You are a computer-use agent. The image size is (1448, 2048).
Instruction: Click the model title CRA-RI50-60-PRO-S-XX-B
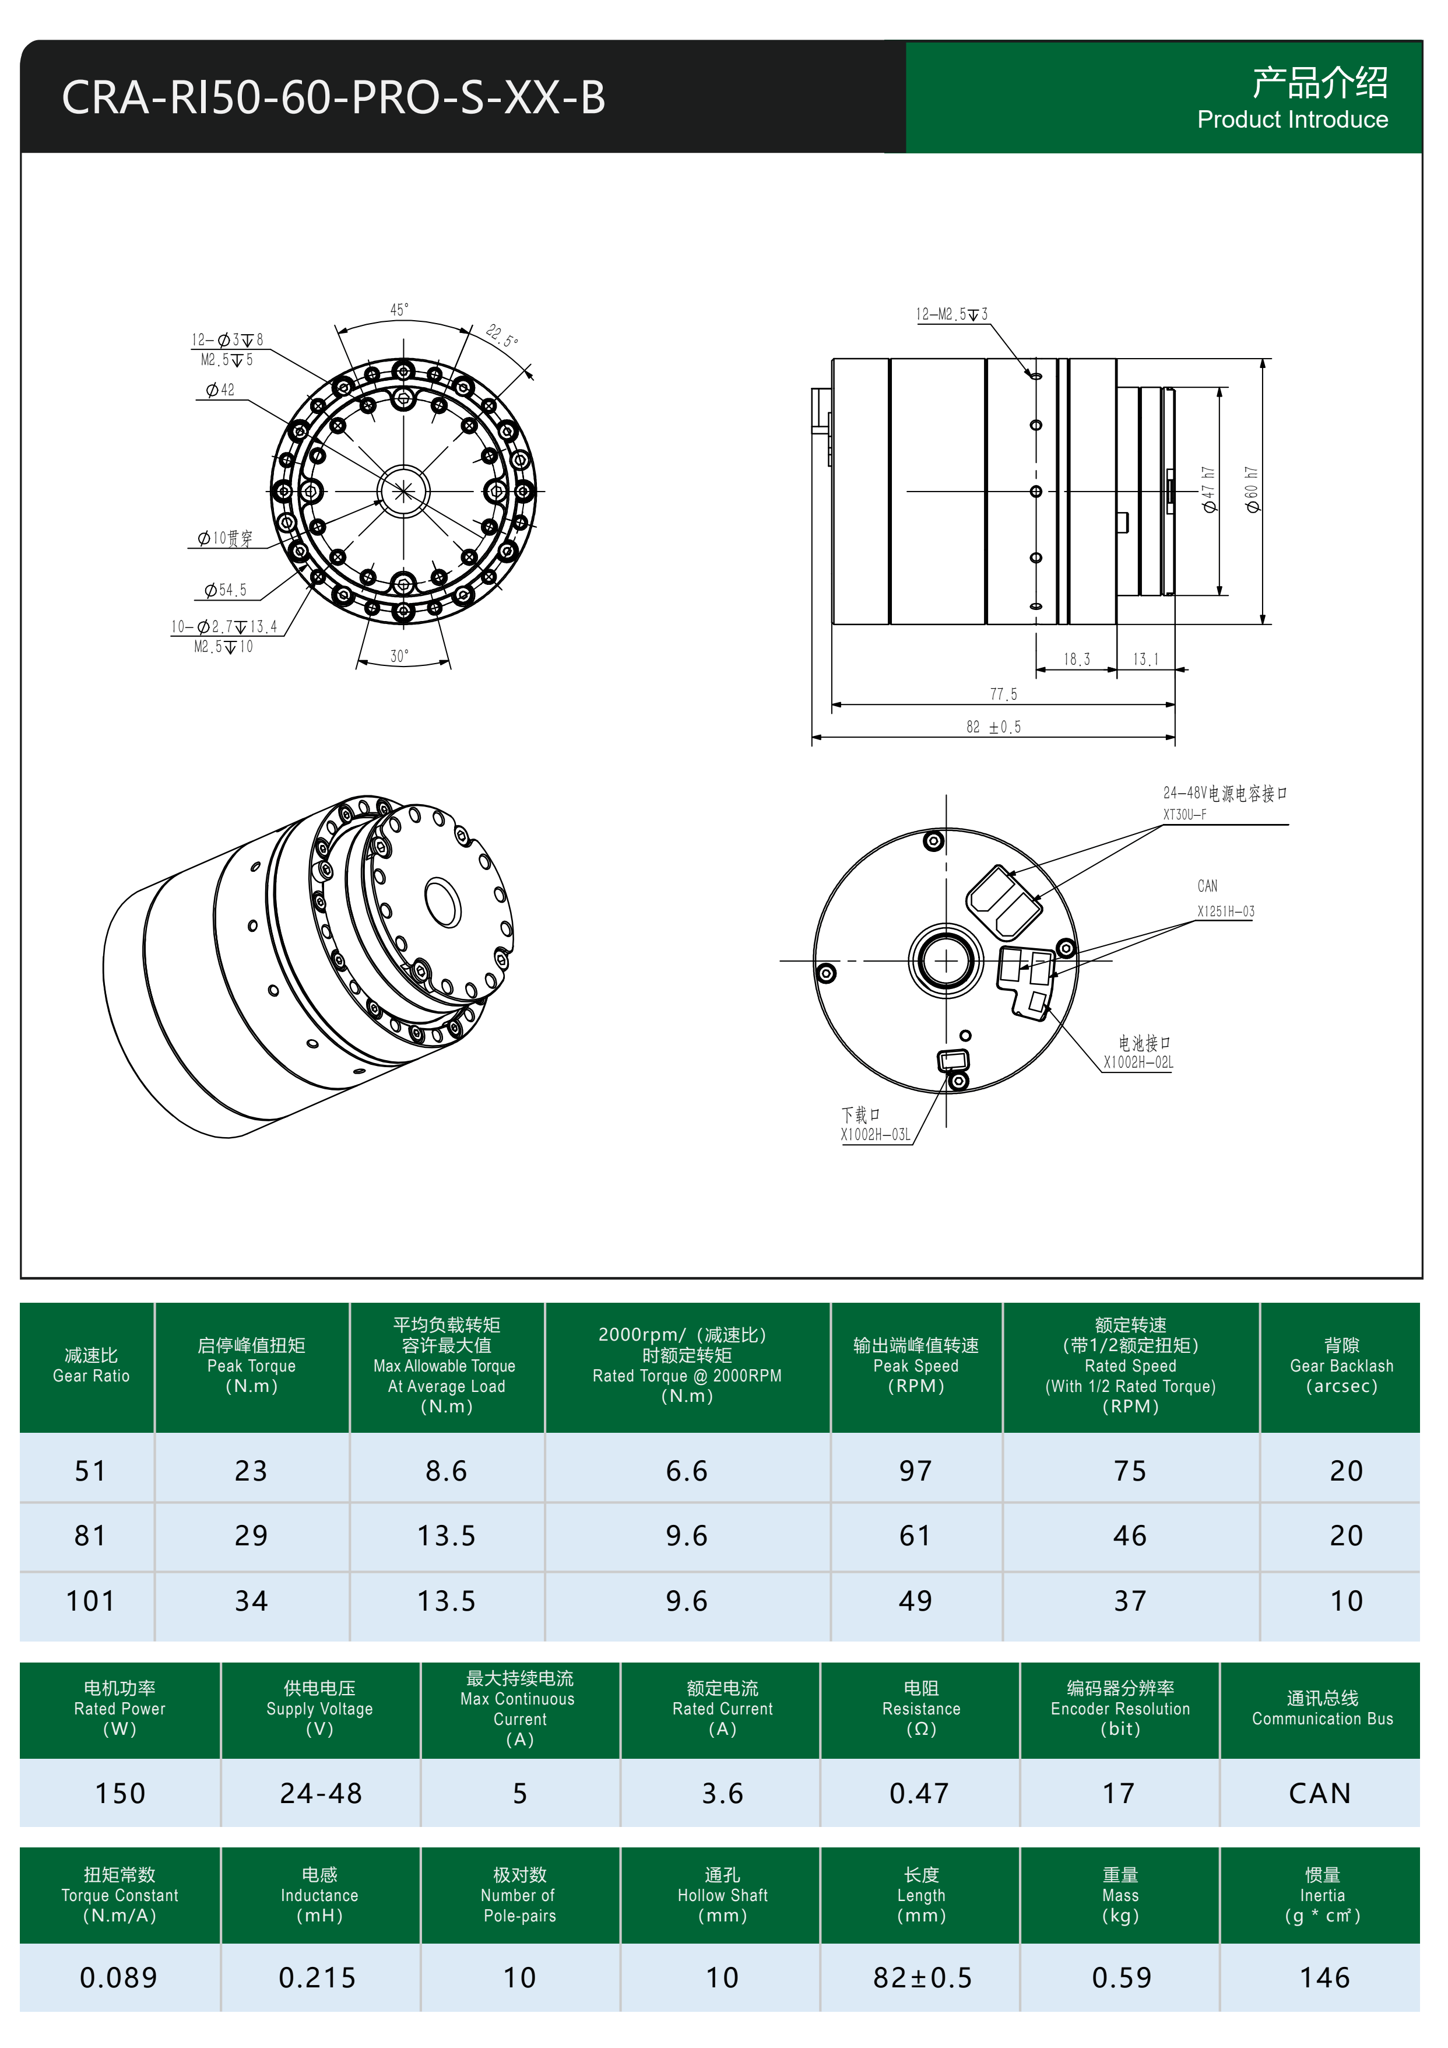pyautogui.click(x=333, y=97)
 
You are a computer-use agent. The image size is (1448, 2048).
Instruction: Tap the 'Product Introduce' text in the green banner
pyautogui.click(x=1291, y=120)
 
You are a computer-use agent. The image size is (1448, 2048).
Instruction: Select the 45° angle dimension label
pyautogui.click(x=399, y=310)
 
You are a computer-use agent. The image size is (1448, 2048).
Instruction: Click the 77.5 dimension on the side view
pyautogui.click(x=1003, y=694)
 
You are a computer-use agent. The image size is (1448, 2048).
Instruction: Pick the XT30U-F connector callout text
pyautogui.click(x=1184, y=815)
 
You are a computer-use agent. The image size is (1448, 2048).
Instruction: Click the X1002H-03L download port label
pyautogui.click(x=874, y=1135)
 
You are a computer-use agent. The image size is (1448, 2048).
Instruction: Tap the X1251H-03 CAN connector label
pyautogui.click(x=1225, y=911)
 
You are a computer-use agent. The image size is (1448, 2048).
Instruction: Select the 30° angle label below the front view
pyautogui.click(x=399, y=655)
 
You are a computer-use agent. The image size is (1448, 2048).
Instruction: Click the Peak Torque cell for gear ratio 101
pyautogui.click(x=251, y=1601)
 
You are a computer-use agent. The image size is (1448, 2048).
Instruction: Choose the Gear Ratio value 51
pyautogui.click(x=90, y=1471)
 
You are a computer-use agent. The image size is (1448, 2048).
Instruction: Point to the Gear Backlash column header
pyautogui.click(x=1340, y=1366)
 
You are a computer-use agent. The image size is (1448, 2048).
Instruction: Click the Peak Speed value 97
pyautogui.click(x=915, y=1471)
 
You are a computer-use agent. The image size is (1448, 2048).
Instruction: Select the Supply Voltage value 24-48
pyautogui.click(x=320, y=1794)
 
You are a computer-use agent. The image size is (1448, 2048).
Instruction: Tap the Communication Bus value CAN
pyautogui.click(x=1320, y=1794)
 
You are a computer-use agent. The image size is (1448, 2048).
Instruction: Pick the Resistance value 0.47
pyautogui.click(x=919, y=1794)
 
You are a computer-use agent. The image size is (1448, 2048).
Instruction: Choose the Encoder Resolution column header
pyautogui.click(x=1120, y=1708)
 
